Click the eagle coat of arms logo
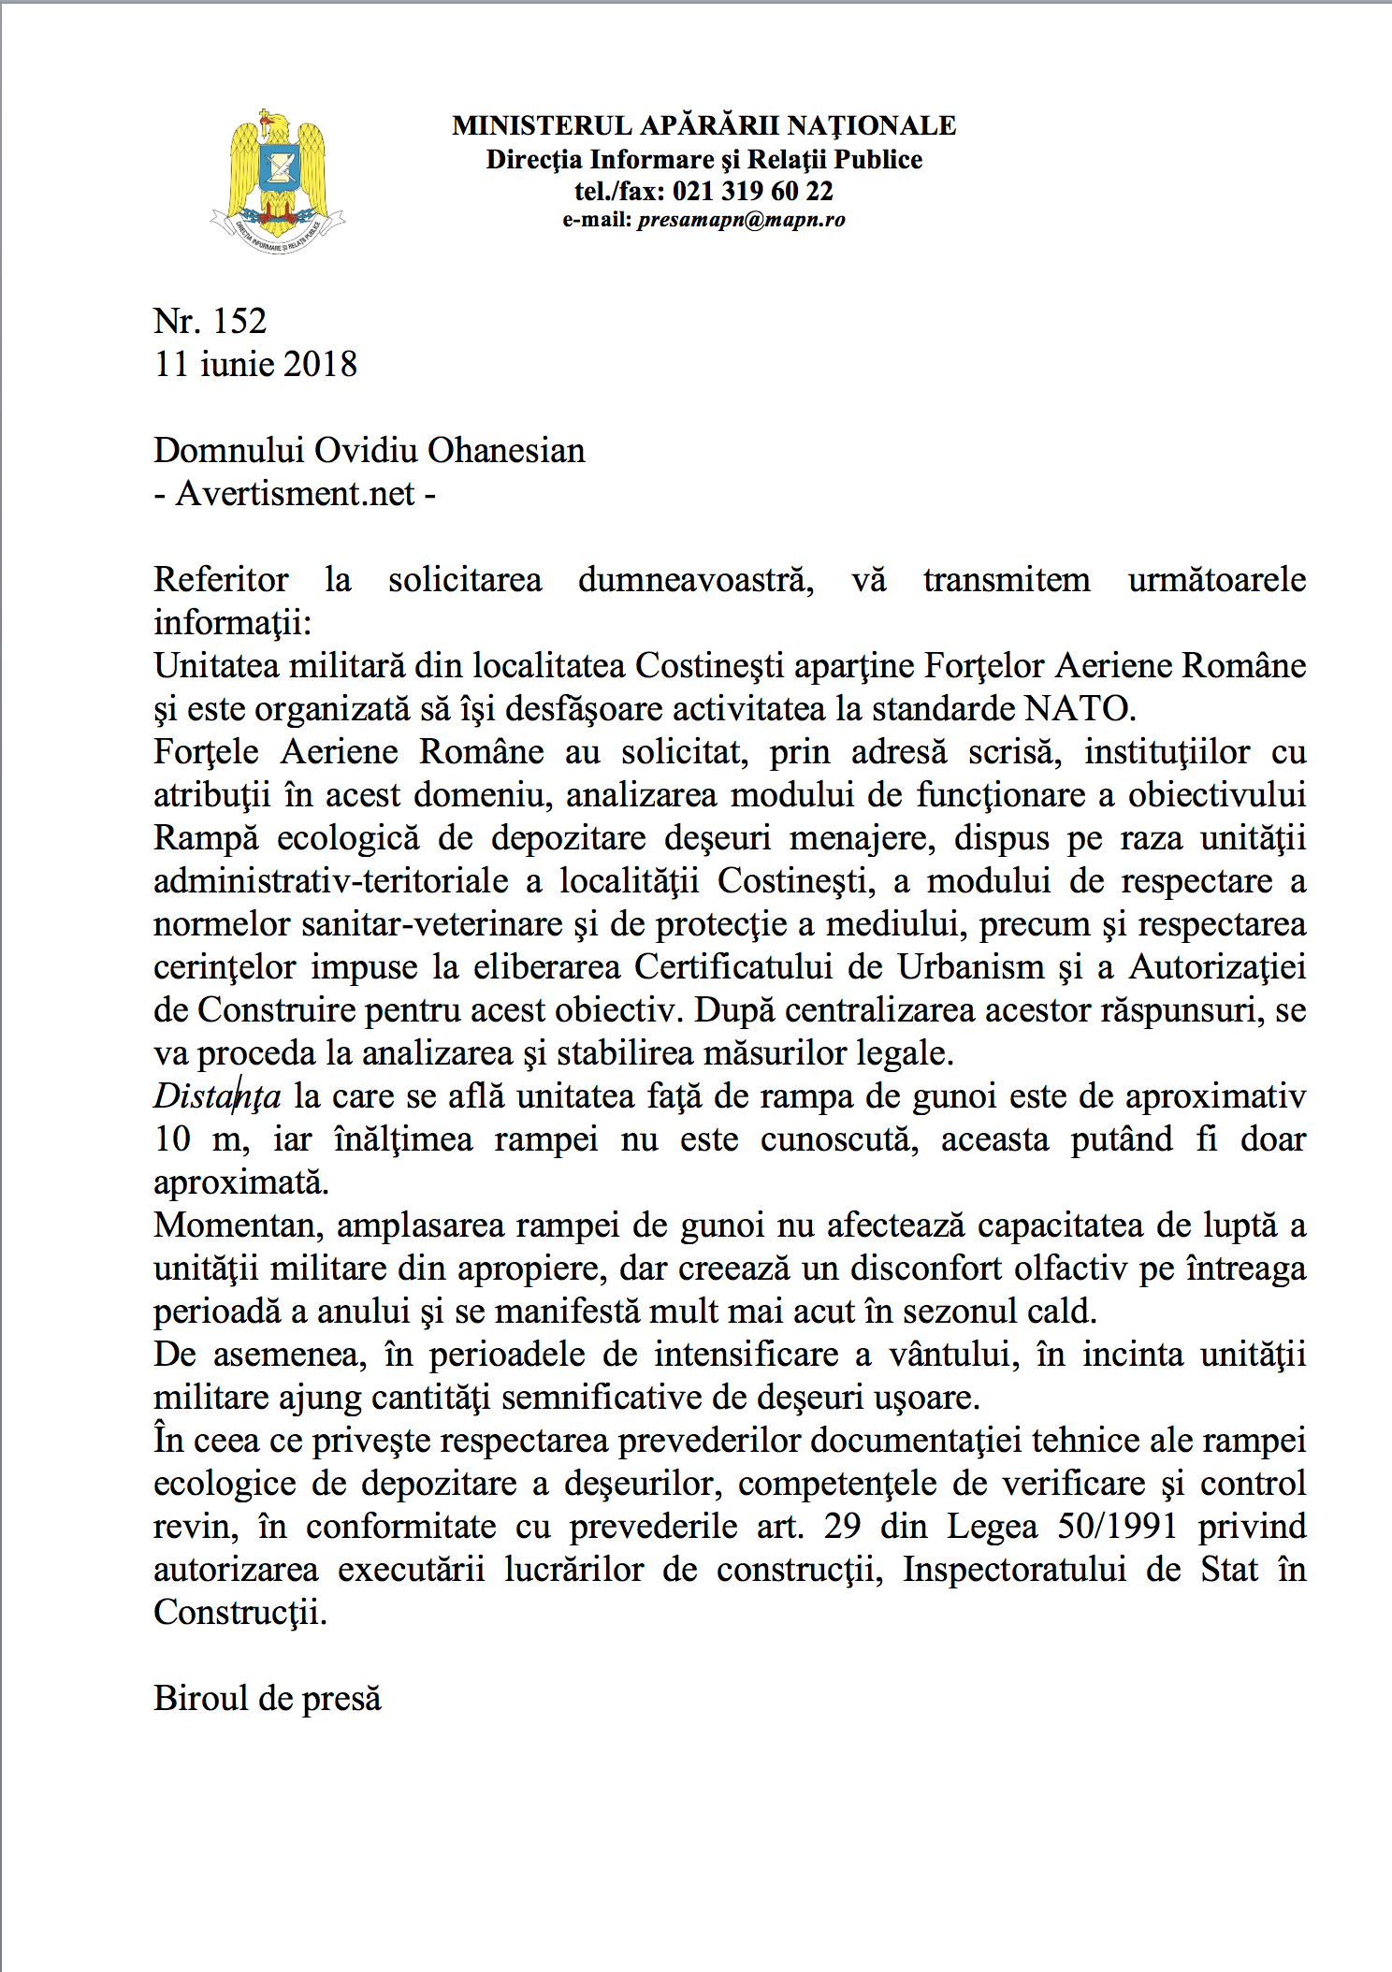tap(277, 181)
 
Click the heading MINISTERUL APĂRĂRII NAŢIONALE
tap(703, 125)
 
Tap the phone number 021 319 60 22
tap(752, 191)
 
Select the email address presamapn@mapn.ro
tap(741, 220)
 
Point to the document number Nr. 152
tap(210, 321)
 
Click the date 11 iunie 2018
tap(255, 364)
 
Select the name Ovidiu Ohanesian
tap(449, 450)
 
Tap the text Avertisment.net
tap(295, 493)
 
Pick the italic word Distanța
tap(217, 1095)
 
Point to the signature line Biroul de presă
tap(268, 1698)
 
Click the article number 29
tap(842, 1526)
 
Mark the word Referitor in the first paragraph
tap(221, 579)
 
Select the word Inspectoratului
tap(1014, 1569)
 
